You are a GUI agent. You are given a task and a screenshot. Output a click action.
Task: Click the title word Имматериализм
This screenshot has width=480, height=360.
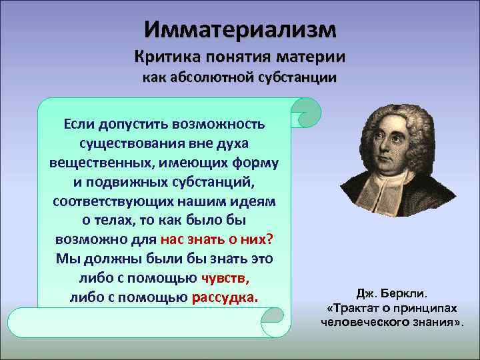click(x=240, y=29)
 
